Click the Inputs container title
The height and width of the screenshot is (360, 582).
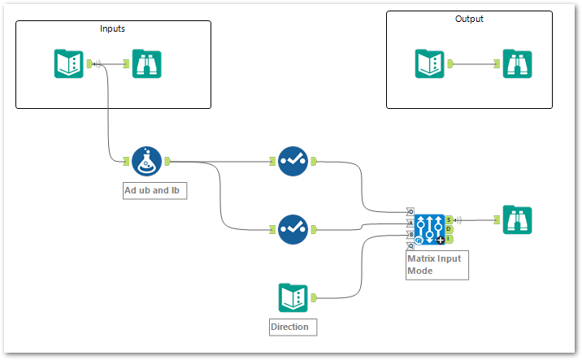click(112, 28)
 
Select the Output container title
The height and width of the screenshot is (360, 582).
click(469, 19)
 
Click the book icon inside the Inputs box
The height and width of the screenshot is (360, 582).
click(68, 64)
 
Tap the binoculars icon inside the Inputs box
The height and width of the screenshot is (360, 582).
click(147, 64)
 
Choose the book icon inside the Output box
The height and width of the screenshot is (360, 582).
click(429, 63)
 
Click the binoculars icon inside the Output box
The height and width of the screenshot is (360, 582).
click(516, 63)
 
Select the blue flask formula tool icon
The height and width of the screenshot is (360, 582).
click(147, 161)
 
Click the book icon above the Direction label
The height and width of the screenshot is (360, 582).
click(293, 297)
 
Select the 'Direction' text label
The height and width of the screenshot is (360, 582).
click(290, 327)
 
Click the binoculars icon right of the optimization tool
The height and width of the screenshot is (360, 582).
click(516, 219)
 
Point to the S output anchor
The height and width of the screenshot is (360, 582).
click(450, 219)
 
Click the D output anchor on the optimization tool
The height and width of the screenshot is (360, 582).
click(450, 229)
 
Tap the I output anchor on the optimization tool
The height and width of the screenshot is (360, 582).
click(450, 239)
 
